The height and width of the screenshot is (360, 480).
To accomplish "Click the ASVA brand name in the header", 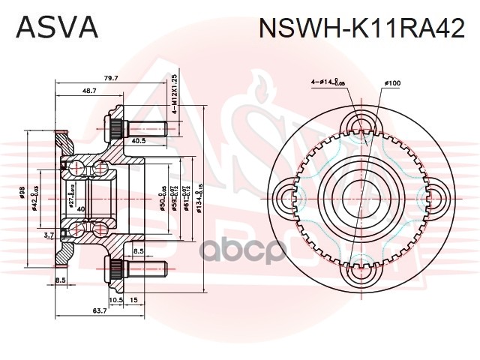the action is pyautogui.click(x=56, y=27).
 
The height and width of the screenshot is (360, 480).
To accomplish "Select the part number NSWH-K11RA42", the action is pyautogui.click(x=361, y=28).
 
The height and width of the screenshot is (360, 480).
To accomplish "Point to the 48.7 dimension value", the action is pyautogui.click(x=89, y=91).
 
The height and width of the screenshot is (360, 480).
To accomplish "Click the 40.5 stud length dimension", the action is pyautogui.click(x=138, y=140).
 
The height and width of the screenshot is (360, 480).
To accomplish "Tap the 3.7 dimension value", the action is pyautogui.click(x=49, y=235).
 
